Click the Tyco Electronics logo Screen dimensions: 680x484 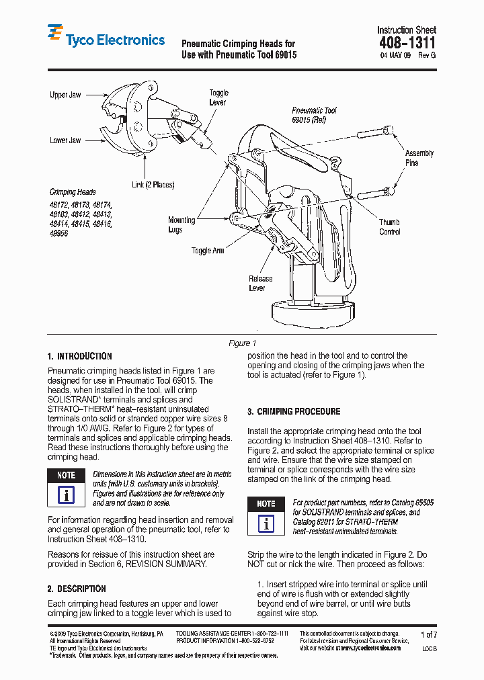pyautogui.click(x=106, y=39)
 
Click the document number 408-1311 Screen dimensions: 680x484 pyautogui.click(x=407, y=43)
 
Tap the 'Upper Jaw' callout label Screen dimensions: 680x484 pyautogui.click(x=65, y=95)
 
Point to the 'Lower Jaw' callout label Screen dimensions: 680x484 pyautogui.click(x=65, y=140)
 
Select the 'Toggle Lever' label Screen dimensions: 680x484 pyautogui.click(x=218, y=97)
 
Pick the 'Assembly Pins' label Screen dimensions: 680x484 pyautogui.click(x=419, y=158)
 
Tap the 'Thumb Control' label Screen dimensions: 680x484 pyautogui.click(x=389, y=227)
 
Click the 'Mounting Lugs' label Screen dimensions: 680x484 pyautogui.click(x=182, y=224)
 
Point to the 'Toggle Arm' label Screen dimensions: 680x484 pyautogui.click(x=208, y=251)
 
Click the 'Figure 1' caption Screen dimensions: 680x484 pyautogui.click(x=243, y=343)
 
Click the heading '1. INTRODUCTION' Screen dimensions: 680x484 pyautogui.click(x=80, y=356)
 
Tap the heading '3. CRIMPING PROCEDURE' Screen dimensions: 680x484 pyautogui.click(x=294, y=411)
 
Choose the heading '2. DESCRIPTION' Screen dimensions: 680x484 pyautogui.click(x=77, y=589)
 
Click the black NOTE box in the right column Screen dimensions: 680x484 pyautogui.click(x=266, y=503)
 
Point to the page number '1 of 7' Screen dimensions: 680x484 pyautogui.click(x=428, y=634)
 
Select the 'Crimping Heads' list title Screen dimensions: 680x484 pyautogui.click(x=73, y=192)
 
